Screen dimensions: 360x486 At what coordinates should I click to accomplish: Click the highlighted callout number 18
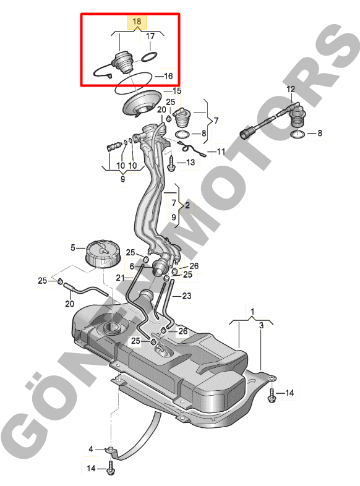coord(137,22)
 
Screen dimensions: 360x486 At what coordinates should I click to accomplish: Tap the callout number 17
coord(150,36)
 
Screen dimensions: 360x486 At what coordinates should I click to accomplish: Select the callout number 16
coord(168,76)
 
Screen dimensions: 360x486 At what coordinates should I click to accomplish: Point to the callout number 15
coord(177,91)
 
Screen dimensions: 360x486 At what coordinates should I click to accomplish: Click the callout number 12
coord(291,89)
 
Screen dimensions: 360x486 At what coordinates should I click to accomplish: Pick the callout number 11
coord(221,151)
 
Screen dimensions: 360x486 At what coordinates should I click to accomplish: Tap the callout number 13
coord(191,162)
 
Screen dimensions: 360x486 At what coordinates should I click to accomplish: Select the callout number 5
coord(73,248)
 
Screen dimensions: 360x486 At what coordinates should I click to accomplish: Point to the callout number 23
coord(187,296)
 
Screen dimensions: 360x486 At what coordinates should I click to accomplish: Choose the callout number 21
coord(121,278)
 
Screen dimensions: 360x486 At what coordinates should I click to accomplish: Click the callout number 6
coord(132,266)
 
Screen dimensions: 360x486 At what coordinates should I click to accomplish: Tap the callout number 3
coord(262,325)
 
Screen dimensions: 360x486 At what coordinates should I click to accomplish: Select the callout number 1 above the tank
coord(252,311)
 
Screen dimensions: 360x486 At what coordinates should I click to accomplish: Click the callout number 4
coord(91,449)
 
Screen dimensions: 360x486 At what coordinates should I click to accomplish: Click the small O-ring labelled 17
coord(150,58)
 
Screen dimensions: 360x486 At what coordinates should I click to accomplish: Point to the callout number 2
coord(187,205)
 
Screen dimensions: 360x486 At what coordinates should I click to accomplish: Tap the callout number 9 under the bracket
coord(123,179)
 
